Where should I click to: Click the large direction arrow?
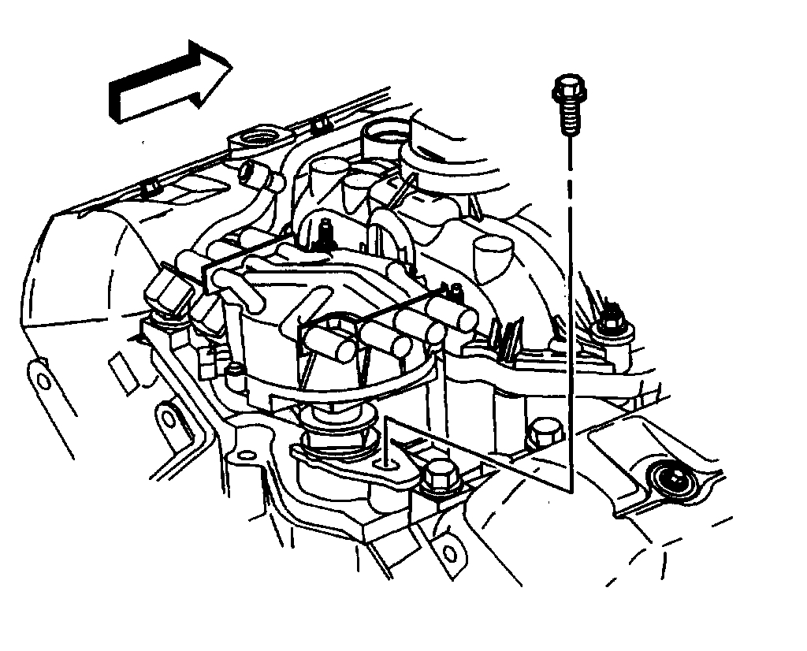point(169,83)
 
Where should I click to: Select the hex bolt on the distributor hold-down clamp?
point(434,475)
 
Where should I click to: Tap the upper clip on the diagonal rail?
point(318,124)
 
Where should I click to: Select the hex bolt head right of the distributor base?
point(543,433)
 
